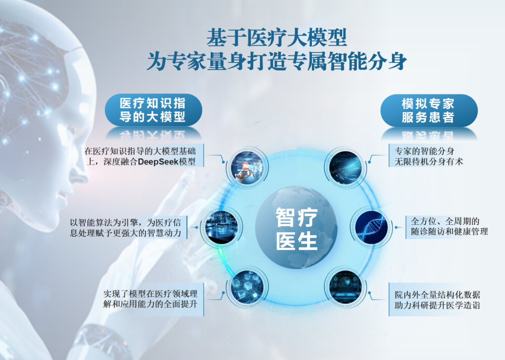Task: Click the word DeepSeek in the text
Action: (158, 162)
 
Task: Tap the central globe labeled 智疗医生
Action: (296, 227)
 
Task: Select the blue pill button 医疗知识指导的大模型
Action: (153, 110)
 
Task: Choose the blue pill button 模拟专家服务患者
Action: (429, 110)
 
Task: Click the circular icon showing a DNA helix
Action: (372, 227)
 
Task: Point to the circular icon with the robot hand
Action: (247, 167)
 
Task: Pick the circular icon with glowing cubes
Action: (247, 287)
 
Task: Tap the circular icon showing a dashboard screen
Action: (345, 287)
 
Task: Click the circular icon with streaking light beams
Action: (345, 167)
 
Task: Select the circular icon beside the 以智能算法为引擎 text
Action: (221, 227)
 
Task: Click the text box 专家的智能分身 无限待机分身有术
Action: (426, 155)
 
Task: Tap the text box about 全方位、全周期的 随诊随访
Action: (447, 227)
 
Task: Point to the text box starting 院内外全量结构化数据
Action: (436, 300)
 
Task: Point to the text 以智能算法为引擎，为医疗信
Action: (126, 222)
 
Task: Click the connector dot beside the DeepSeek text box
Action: (223, 162)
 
